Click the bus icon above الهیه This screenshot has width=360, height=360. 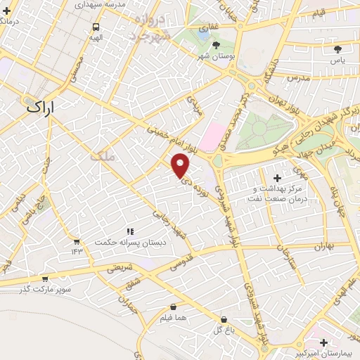click(96, 27)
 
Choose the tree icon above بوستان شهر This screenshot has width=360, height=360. click(205, 44)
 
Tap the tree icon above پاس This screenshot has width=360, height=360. click(337, 50)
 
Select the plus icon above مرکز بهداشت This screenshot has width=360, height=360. click(277, 179)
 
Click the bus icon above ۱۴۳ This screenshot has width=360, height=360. click(76, 241)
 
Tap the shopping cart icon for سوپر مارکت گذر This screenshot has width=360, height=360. click(46, 278)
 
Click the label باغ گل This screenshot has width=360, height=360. click(224, 329)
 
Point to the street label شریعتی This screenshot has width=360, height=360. click(119, 267)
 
